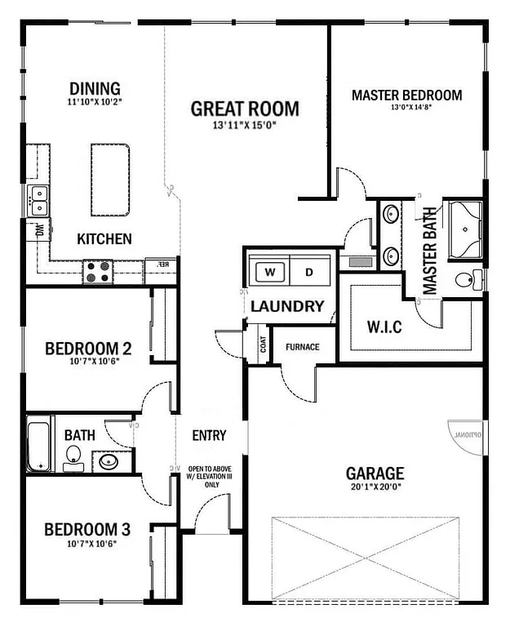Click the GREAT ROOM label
(245, 109)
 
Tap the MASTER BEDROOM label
(406, 96)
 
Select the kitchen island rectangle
(110, 180)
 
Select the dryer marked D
(308, 272)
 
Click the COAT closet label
(263, 345)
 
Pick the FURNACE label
(302, 347)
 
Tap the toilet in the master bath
(465, 281)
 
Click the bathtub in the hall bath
(38, 445)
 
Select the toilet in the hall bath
(73, 456)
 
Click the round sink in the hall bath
(108, 463)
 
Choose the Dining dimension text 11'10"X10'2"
(95, 103)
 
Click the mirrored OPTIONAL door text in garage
(468, 434)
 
